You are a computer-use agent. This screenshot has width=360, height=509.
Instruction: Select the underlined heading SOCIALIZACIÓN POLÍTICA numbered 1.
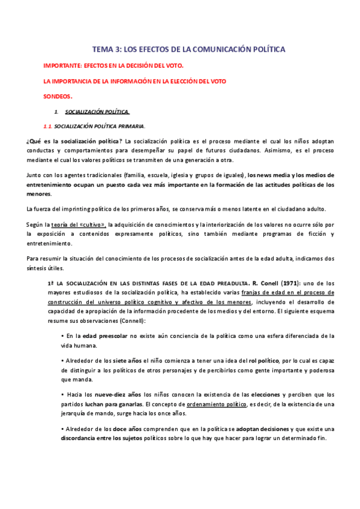[97, 112]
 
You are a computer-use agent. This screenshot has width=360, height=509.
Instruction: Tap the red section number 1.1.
[47, 126]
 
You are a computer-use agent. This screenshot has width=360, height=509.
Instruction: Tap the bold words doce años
[127, 429]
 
